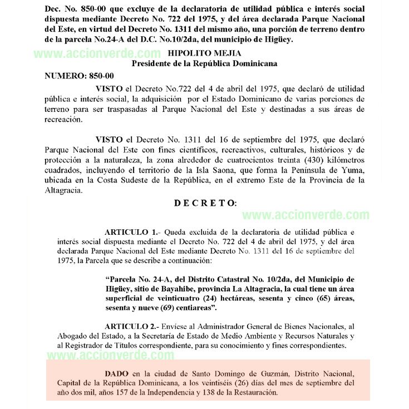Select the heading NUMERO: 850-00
[x=79, y=75]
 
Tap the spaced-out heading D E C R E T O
[x=205, y=203]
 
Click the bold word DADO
[x=116, y=372]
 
